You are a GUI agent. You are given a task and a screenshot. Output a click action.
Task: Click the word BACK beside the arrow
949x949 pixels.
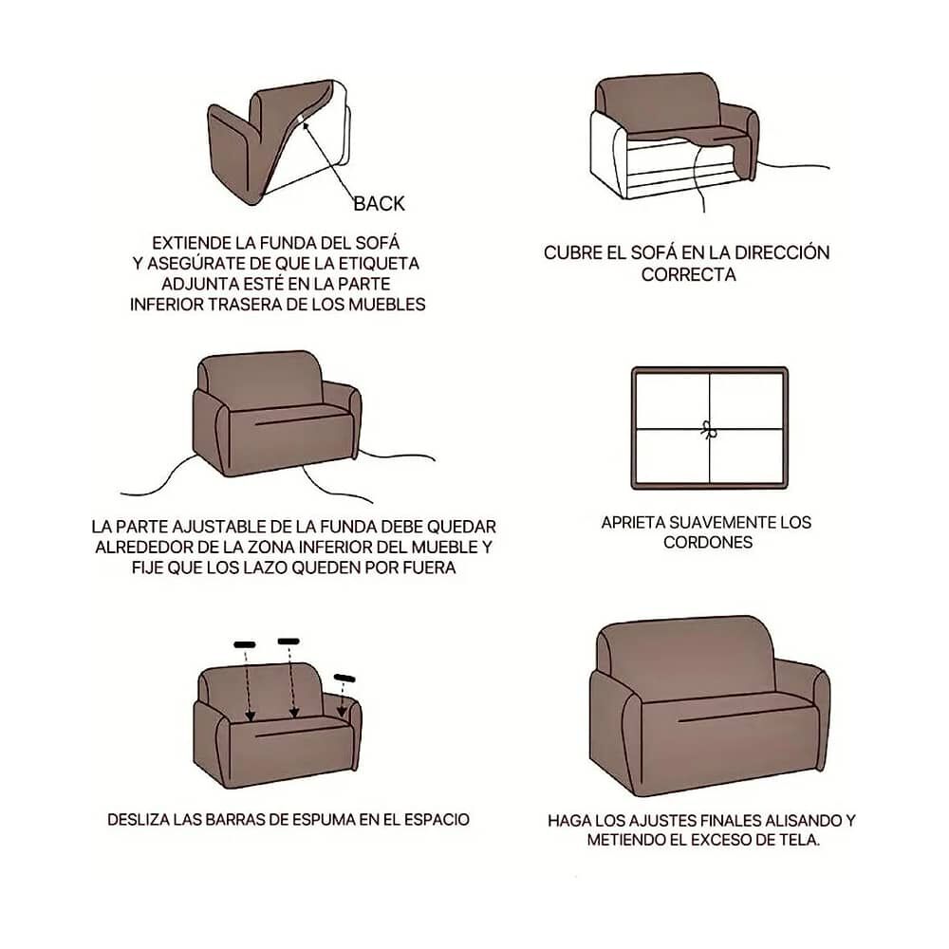379,204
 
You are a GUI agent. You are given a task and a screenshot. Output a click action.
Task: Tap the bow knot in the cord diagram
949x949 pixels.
709,430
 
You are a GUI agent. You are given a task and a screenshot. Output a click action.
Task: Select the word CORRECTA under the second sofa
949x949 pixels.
688,275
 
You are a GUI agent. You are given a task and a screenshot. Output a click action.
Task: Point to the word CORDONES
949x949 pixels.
708,542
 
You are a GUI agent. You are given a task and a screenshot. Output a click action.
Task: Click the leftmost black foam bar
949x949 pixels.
245,644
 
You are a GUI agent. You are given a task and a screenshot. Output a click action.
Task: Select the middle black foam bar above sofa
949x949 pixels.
288,641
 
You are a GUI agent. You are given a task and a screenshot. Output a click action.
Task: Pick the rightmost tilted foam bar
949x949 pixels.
344,678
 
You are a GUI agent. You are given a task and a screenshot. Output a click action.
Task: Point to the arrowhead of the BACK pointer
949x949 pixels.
305,125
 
